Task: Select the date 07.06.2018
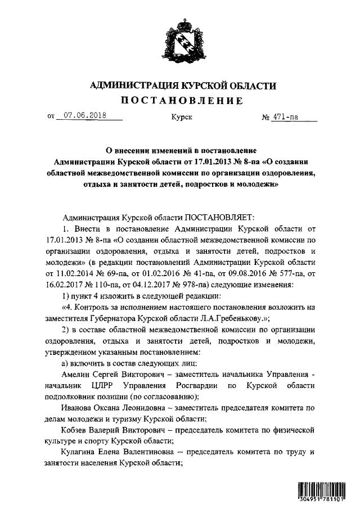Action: pos(85,117)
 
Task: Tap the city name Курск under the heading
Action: pos(181,118)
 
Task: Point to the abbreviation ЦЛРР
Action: pos(101,385)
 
